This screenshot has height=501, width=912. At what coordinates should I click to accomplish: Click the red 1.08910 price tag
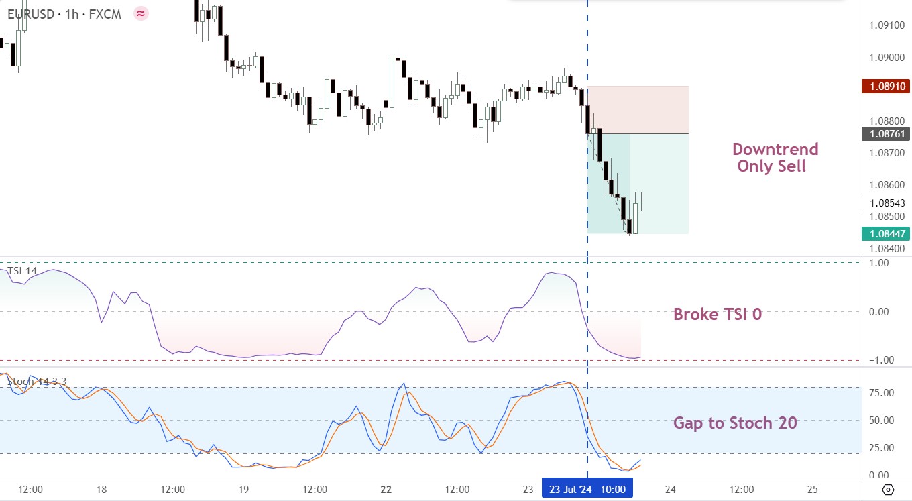(886, 87)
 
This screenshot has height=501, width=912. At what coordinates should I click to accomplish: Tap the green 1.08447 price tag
(886, 234)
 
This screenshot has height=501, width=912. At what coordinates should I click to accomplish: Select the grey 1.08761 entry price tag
(886, 134)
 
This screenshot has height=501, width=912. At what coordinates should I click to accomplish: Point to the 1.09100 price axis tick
(887, 25)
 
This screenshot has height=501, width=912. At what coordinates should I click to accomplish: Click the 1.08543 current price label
(887, 203)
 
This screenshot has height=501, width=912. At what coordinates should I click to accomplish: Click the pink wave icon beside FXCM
(141, 14)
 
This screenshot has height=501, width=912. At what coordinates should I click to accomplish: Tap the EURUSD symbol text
(31, 14)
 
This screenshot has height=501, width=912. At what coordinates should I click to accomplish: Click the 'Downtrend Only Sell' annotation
(775, 158)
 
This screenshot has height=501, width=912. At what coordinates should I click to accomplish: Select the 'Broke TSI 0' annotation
(718, 314)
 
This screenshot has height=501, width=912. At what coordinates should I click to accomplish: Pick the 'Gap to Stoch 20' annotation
(735, 423)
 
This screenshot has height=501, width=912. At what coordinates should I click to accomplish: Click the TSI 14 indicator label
(22, 271)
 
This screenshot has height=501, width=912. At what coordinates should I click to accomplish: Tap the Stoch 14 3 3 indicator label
(37, 382)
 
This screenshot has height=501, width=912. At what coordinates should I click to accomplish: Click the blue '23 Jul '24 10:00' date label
(587, 489)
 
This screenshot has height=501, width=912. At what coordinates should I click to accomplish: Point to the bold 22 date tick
(386, 489)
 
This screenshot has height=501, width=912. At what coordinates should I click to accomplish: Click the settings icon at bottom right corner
(888, 489)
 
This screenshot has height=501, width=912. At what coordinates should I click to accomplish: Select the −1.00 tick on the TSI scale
(881, 360)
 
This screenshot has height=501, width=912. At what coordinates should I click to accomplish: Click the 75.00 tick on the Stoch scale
(881, 392)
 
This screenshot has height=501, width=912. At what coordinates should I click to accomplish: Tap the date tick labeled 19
(243, 489)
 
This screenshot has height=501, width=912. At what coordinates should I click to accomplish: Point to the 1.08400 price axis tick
(887, 248)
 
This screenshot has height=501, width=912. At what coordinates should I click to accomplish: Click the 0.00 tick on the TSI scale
(878, 312)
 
